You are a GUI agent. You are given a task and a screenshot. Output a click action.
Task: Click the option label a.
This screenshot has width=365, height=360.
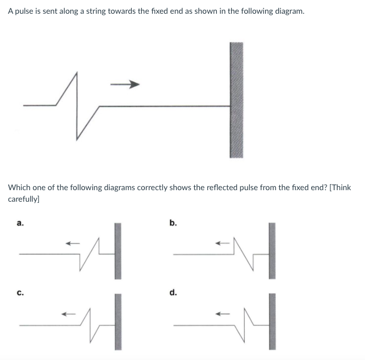coord(20,223)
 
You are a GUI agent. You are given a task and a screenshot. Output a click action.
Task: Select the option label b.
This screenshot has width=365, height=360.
coord(173,223)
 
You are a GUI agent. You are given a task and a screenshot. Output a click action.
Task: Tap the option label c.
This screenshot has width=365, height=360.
coord(20,293)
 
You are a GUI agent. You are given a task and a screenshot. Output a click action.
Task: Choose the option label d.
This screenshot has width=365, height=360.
coord(173,293)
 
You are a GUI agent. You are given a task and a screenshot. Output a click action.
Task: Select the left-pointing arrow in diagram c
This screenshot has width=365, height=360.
coord(68,314)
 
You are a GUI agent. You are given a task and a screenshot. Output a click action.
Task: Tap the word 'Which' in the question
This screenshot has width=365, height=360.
coord(20,188)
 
